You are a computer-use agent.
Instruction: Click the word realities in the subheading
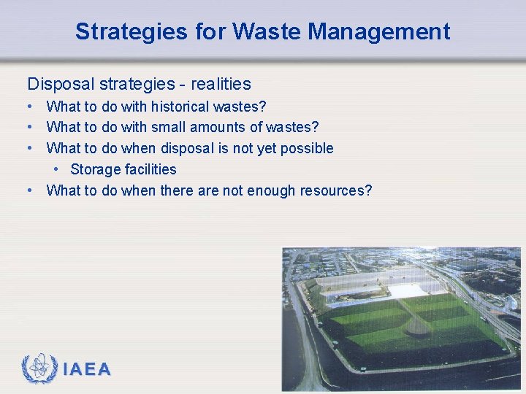click(x=221, y=84)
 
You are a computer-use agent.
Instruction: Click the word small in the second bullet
click(x=169, y=128)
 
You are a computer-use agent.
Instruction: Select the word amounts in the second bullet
click(x=218, y=128)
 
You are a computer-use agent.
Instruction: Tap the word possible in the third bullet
click(x=308, y=149)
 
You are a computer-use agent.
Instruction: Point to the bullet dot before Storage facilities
click(x=56, y=170)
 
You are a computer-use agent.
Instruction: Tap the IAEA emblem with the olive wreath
click(x=39, y=369)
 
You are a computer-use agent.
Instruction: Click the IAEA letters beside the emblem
click(x=87, y=370)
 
